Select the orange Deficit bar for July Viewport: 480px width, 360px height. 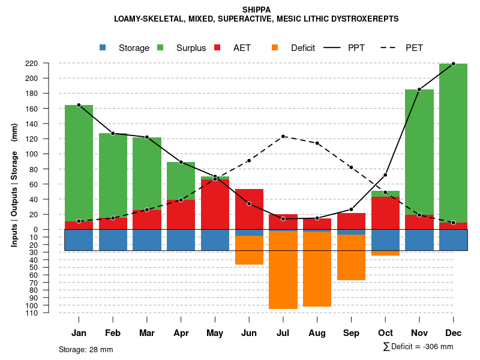pyautogui.click(x=283, y=270)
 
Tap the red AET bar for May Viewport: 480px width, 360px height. pyautogui.click(x=215, y=204)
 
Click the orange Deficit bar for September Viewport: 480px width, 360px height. pyautogui.click(x=351, y=257)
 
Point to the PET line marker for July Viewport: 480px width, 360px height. pyautogui.click(x=283, y=136)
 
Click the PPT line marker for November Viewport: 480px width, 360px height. pyautogui.click(x=419, y=89)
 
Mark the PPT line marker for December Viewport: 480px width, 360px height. pyautogui.click(x=453, y=64)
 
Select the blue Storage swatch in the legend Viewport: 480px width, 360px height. pyautogui.click(x=103, y=48)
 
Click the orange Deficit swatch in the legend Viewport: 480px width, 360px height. pyautogui.click(x=275, y=48)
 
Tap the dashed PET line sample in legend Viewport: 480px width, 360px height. pyautogui.click(x=392, y=48)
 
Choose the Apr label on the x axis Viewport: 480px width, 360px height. pyautogui.click(x=181, y=333)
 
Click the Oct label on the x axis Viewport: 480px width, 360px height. pyautogui.click(x=385, y=333)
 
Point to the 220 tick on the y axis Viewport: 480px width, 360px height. pyautogui.click(x=48, y=63)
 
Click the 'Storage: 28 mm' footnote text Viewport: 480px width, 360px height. pyautogui.click(x=86, y=349)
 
